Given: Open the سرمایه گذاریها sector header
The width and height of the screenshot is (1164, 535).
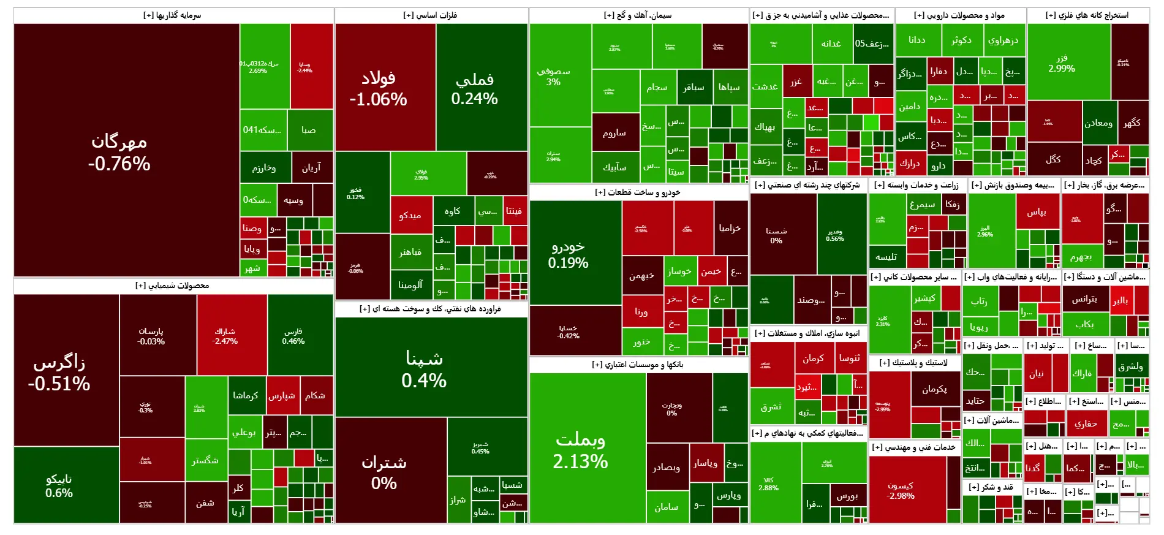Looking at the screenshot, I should pos(173,15).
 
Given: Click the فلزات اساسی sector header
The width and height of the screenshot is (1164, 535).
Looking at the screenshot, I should pos(431,15).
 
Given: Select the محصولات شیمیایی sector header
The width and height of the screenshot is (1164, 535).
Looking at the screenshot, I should pos(173,286).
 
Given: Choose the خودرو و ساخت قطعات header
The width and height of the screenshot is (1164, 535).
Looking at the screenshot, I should pos(638,192).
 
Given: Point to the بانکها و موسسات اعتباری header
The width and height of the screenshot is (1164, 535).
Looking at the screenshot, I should pos(638,365).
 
